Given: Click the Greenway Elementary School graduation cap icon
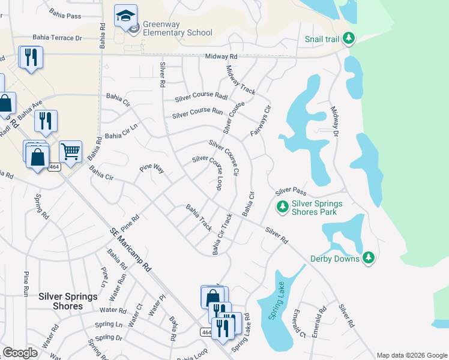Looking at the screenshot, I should (x=125, y=17).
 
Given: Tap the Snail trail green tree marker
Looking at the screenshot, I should (x=348, y=39).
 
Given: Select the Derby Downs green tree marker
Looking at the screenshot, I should (x=369, y=259).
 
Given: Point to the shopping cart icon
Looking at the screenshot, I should (x=70, y=152).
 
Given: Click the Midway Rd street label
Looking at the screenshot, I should (x=221, y=56).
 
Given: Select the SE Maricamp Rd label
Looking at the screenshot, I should (x=130, y=251).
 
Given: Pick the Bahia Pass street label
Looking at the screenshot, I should (x=65, y=15).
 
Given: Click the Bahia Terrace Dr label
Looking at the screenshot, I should (x=57, y=38).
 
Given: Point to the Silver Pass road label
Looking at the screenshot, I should (x=291, y=192).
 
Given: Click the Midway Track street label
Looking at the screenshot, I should (x=241, y=80).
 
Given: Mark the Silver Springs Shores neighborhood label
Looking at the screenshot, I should (x=61, y=301).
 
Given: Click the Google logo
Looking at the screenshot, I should (x=20, y=353).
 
